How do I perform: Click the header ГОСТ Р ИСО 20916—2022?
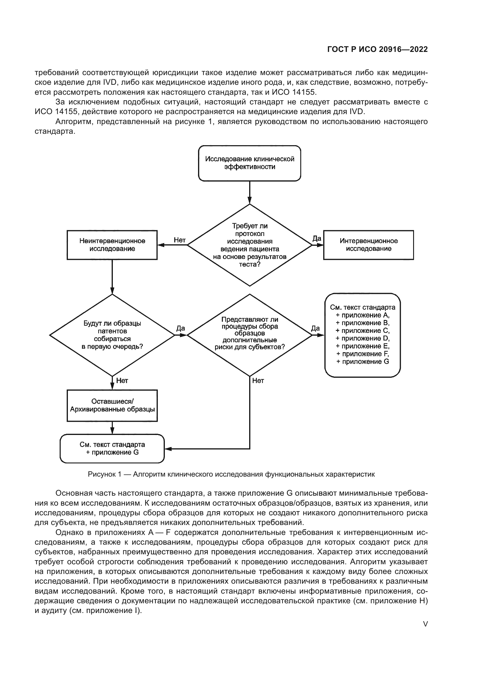(x=377, y=49)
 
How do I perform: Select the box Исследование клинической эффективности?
(x=249, y=163)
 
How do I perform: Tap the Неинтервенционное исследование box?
(x=112, y=245)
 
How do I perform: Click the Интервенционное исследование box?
(x=368, y=245)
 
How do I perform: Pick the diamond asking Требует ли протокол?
(x=249, y=245)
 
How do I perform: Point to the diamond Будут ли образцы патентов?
(x=112, y=335)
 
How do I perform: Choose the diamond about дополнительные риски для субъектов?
(x=249, y=335)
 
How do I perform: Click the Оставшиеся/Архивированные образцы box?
(x=112, y=405)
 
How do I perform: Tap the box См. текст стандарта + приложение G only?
(x=112, y=448)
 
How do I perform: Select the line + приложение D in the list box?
(x=362, y=338)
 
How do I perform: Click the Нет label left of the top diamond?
(x=180, y=240)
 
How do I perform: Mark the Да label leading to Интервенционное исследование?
(x=317, y=238)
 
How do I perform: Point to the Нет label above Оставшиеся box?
(x=122, y=381)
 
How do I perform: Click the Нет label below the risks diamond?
(x=258, y=381)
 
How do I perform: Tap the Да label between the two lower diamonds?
(x=180, y=328)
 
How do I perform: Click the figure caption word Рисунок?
(x=102, y=474)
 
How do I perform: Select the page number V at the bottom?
(x=425, y=624)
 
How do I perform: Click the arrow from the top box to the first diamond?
(x=249, y=192)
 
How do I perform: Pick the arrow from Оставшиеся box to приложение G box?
(x=112, y=428)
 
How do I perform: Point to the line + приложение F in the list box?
(x=362, y=354)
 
